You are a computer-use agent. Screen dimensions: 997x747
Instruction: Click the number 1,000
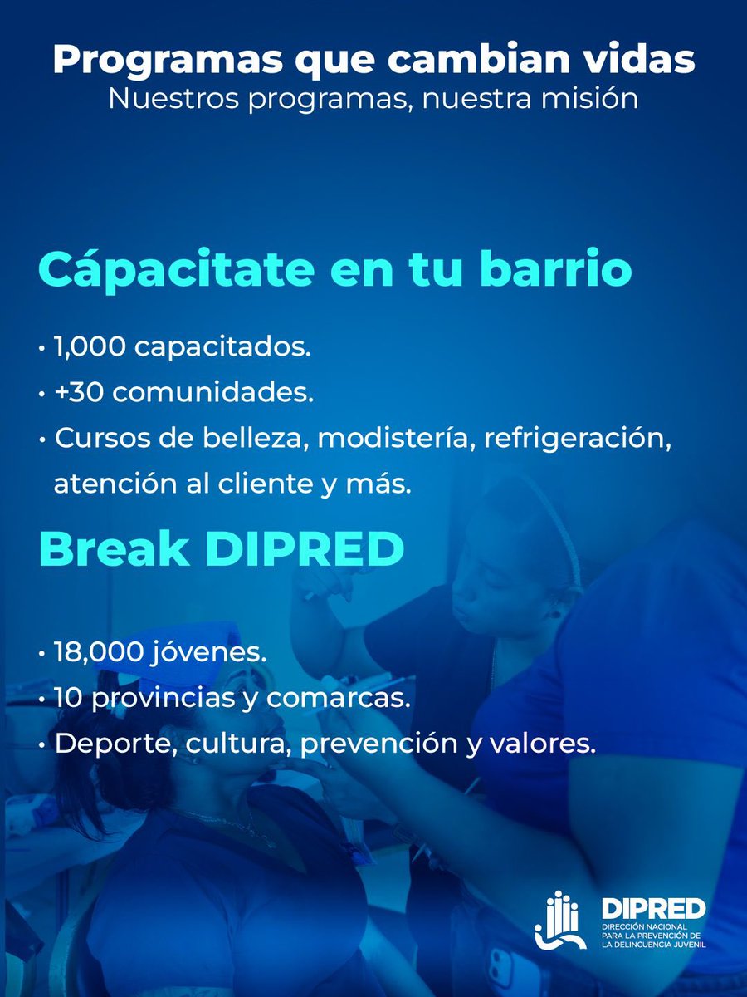(x=89, y=347)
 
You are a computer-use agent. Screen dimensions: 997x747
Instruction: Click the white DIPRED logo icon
(x=561, y=920)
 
